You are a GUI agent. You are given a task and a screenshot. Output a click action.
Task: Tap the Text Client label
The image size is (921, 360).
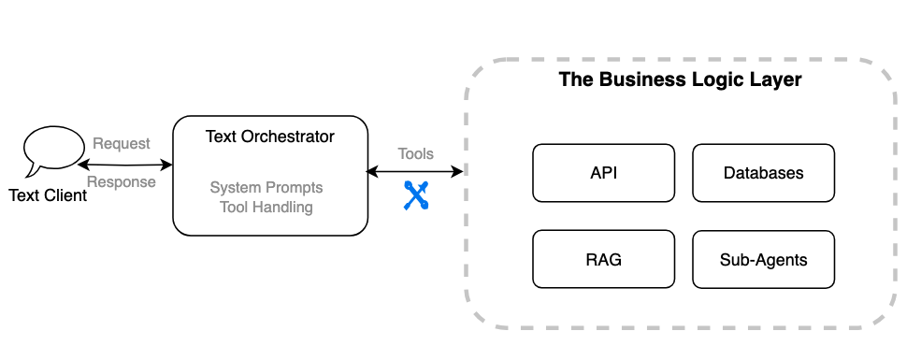pyautogui.click(x=48, y=195)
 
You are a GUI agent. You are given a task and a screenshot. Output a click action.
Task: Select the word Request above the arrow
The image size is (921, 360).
pyautogui.click(x=121, y=144)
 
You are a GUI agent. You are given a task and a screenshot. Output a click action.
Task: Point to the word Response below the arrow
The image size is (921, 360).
pyautogui.click(x=121, y=182)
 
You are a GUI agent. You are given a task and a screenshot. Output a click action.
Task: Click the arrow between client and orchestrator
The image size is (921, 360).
pyautogui.click(x=126, y=165)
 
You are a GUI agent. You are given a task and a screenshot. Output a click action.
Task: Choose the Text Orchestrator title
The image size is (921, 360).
pyautogui.click(x=269, y=137)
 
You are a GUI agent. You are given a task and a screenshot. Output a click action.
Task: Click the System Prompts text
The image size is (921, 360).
pyautogui.click(x=266, y=188)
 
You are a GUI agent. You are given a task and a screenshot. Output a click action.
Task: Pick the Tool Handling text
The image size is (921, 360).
pyautogui.click(x=266, y=207)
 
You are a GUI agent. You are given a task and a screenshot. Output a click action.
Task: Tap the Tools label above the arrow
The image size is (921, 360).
pyautogui.click(x=415, y=154)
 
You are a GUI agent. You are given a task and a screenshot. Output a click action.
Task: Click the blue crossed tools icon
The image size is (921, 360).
pyautogui.click(x=415, y=194)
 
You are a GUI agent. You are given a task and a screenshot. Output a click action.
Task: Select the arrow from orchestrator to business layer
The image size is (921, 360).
pyautogui.click(x=415, y=171)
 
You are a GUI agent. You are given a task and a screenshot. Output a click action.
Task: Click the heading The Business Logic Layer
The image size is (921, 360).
pyautogui.click(x=680, y=79)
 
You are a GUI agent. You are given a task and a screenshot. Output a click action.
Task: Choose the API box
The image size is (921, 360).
pyautogui.click(x=603, y=173)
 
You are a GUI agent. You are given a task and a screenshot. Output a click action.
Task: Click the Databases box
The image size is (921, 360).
pyautogui.click(x=763, y=173)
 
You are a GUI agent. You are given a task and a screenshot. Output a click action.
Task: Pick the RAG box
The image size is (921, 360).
pyautogui.click(x=603, y=259)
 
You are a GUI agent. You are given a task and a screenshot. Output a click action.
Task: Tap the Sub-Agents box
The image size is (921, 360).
pyautogui.click(x=763, y=259)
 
